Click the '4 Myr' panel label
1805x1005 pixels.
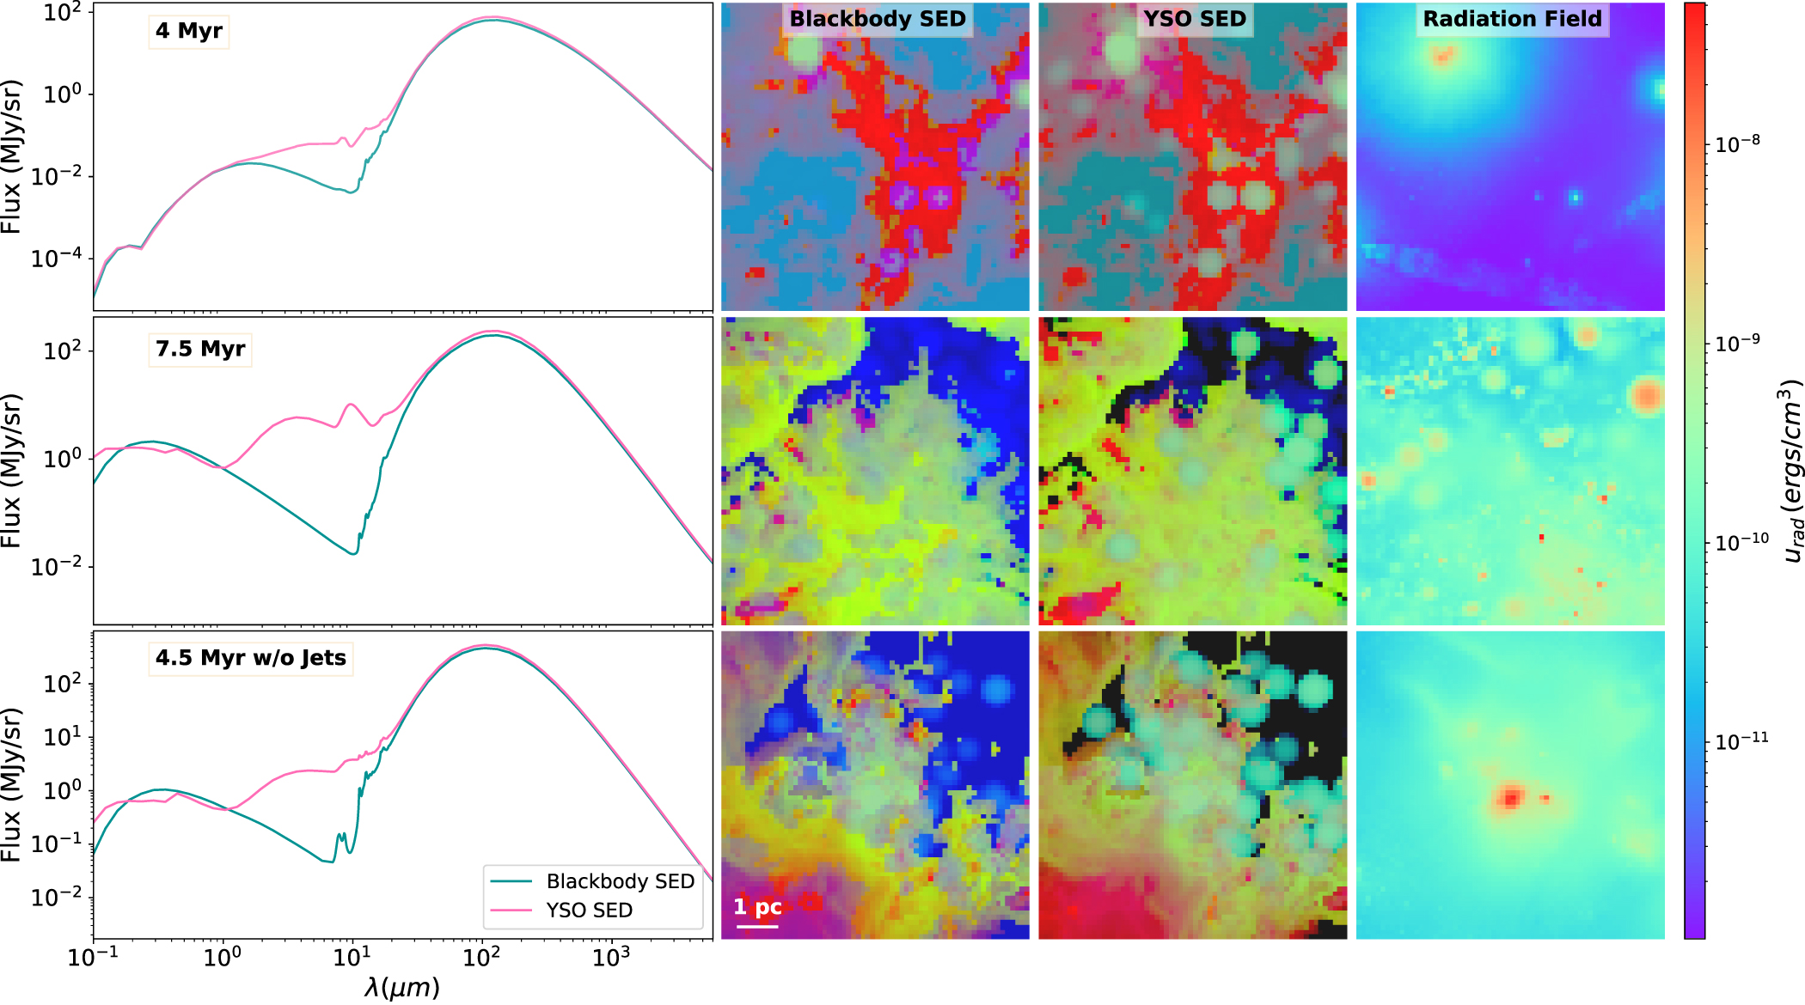point(188,32)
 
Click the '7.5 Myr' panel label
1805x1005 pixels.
point(199,350)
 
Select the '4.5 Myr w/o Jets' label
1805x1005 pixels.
point(250,659)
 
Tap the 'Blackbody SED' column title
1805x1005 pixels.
point(877,19)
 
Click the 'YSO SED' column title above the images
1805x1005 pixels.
point(1194,19)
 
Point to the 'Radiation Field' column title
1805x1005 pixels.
point(1512,19)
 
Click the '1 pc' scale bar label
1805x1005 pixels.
point(757,908)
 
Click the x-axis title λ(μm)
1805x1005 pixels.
point(401,988)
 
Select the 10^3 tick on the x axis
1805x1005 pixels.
point(610,956)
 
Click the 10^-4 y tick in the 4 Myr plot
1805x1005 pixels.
point(57,258)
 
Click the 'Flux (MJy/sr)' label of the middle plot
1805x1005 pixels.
point(11,471)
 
